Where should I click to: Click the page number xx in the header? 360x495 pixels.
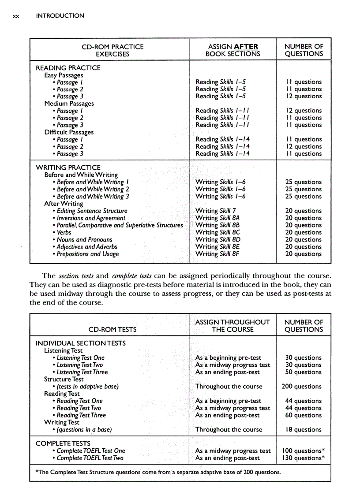coord(16,16)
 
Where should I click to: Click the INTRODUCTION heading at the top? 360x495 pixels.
coord(60,16)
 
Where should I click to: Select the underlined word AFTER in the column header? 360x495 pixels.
coord(246,47)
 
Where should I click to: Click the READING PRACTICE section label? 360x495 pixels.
coord(68,68)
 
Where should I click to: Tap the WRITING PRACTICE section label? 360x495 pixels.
coord(68,167)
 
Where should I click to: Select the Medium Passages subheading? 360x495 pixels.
coord(69,104)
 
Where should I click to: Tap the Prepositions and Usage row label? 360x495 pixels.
coord(87,254)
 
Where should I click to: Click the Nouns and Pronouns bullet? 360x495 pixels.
coord(84,240)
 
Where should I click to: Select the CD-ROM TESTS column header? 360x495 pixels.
coord(112,329)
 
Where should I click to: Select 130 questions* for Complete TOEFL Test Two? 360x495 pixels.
coord(304,458)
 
